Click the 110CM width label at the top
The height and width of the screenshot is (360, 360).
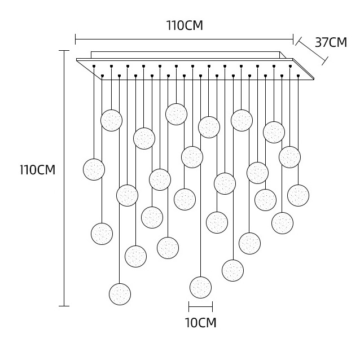pyautogui.click(x=184, y=26)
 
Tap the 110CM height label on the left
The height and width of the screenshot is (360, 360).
pyautogui.click(x=37, y=170)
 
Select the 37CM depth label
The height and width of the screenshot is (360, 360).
pyautogui.click(x=330, y=42)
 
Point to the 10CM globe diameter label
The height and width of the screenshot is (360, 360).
pyautogui.click(x=201, y=323)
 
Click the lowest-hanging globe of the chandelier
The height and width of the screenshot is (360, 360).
pyautogui.click(x=120, y=294)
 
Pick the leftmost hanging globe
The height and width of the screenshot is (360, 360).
pyautogui.click(x=94, y=169)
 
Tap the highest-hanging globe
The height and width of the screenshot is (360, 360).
pyautogui.click(x=176, y=114)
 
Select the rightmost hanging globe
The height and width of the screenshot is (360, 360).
pyautogui.click(x=298, y=195)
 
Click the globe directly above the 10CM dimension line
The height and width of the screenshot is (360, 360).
pyautogui.click(x=200, y=287)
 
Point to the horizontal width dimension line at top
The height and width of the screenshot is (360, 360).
pyautogui.click(x=184, y=39)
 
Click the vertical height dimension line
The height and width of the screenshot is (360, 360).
pyautogui.click(x=64, y=178)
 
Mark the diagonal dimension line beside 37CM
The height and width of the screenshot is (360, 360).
pyautogui.click(x=312, y=50)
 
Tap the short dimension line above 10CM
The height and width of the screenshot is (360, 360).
pyautogui.click(x=200, y=307)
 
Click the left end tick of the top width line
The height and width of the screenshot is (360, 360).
pyautogui.click(x=75, y=39)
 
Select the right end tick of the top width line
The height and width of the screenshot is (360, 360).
pyautogui.click(x=293, y=39)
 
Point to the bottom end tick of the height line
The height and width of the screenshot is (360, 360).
pyautogui.click(x=64, y=306)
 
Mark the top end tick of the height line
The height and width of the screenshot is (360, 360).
pyautogui.click(x=64, y=51)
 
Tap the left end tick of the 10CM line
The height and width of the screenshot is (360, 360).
pyautogui.click(x=189, y=307)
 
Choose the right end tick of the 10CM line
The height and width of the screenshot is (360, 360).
pyautogui.click(x=212, y=307)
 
